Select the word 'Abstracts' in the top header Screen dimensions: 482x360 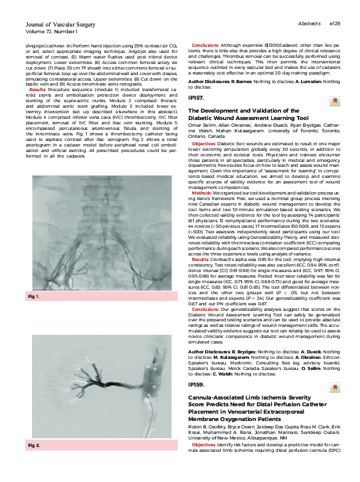click(x=308, y=23)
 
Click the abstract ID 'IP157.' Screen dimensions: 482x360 click(x=196, y=98)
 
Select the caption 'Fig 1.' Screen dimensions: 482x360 click(x=34, y=297)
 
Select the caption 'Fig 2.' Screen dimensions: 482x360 click(x=34, y=462)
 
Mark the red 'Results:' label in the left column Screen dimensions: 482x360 click(x=37, y=89)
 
